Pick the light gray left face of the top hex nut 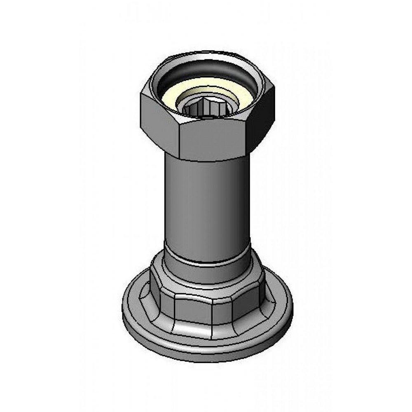[x=159, y=124]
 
